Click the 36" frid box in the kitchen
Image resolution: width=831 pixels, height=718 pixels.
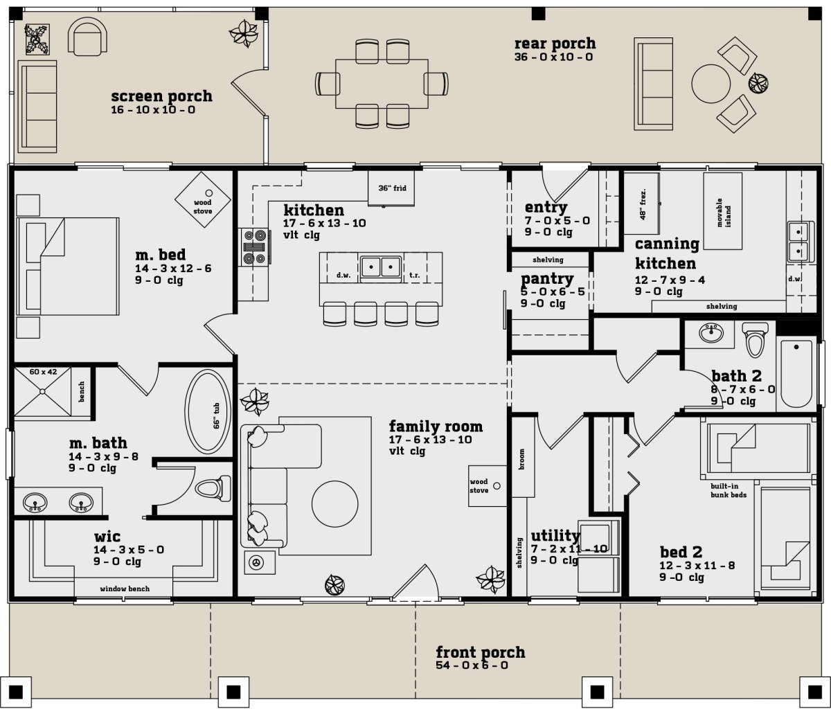tap(391, 188)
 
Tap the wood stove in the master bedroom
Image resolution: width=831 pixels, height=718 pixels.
tap(203, 200)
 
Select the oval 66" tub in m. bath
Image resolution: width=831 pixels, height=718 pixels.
tap(208, 412)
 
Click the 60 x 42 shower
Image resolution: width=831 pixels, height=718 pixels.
tap(43, 391)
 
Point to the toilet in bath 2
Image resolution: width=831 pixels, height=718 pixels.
tap(754, 340)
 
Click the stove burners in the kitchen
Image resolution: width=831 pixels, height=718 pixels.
tap(254, 247)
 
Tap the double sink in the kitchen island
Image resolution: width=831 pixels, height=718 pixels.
tap(381, 267)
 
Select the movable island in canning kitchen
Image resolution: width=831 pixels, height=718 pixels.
tap(722, 211)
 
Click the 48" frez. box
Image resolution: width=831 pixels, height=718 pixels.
tap(641, 204)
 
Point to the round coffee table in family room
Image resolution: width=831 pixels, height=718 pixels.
tap(334, 504)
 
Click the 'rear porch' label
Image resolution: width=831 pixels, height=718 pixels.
tap(555, 44)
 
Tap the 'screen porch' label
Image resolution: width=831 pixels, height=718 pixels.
tap(161, 96)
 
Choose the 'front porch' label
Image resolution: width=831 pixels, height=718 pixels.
tap(481, 652)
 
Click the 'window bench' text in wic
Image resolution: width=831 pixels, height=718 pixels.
tap(125, 589)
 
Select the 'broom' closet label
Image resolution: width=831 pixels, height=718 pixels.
tap(522, 459)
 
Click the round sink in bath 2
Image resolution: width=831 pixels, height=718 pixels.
tap(711, 333)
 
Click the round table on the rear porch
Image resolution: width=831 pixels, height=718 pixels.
tap(711, 84)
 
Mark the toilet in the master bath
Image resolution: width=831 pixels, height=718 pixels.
tap(213, 488)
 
